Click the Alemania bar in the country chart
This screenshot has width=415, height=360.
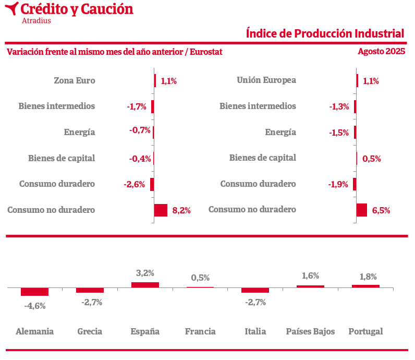coord(34,292)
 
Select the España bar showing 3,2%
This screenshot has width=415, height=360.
coord(145,285)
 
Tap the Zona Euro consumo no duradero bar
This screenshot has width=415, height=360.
coord(161,210)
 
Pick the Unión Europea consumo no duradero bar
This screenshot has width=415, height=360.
coord(362,210)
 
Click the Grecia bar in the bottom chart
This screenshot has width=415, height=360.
coord(90,290)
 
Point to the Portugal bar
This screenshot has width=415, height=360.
coord(365,286)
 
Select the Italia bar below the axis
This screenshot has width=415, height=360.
coord(255,290)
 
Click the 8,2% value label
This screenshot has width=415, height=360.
coord(181,211)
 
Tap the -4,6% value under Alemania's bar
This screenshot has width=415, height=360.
coord(35,306)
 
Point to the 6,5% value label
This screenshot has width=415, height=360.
coord(381,211)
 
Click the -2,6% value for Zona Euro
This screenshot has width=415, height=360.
coord(135,184)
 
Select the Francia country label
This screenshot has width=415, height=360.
coord(200,331)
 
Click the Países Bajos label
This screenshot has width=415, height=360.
coord(310,331)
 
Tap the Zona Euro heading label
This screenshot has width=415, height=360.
coord(75,80)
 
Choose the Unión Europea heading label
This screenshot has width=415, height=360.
coord(266,80)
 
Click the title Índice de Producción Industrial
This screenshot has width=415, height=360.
coord(325,33)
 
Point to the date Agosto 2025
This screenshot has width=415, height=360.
coord(381,52)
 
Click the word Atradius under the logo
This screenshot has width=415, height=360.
coord(36,21)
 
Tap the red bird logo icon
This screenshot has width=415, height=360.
coord(11,9)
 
